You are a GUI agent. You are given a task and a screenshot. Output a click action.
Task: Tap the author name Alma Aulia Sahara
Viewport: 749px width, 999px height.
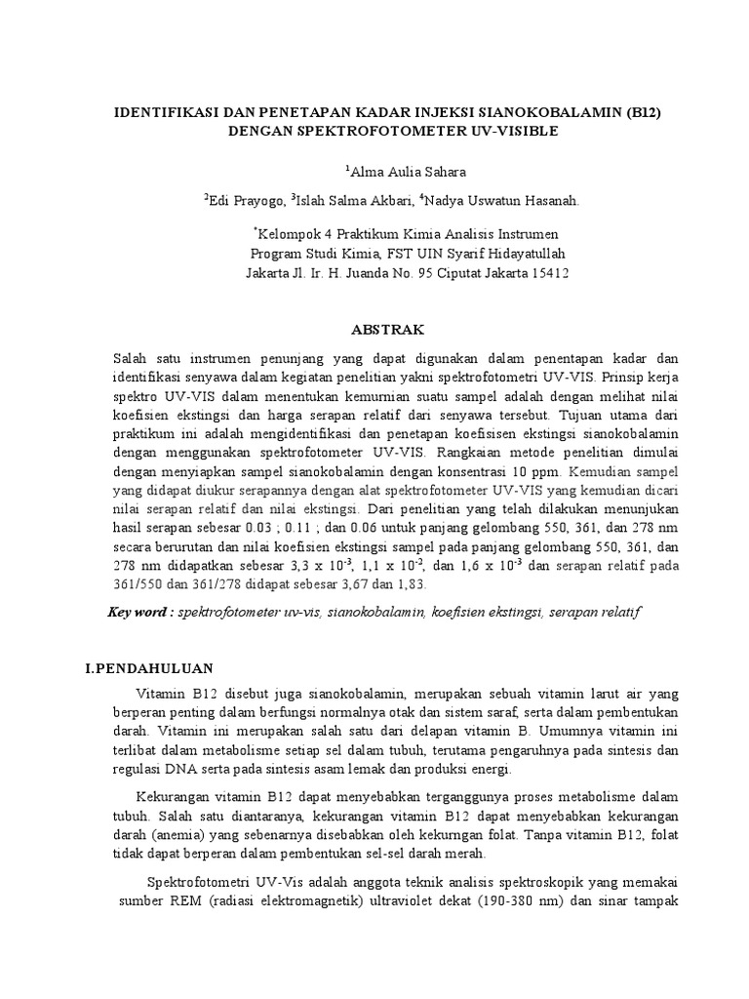click(395, 173)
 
